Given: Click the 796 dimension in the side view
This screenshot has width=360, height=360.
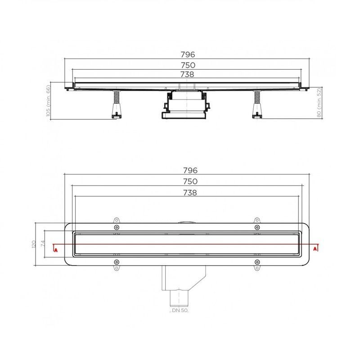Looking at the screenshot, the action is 188,54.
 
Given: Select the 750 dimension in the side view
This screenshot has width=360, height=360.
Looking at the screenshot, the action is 188,65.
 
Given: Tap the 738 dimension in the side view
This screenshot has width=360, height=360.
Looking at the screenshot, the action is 187,74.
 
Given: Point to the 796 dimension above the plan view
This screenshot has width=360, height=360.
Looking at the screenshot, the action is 190,171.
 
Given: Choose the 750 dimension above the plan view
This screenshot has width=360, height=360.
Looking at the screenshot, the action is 190,181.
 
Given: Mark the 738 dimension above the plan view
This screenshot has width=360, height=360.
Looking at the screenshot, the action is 190,193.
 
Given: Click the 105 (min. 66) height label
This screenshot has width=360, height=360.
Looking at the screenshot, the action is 48,101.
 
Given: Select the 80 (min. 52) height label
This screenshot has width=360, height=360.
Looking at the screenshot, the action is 319,103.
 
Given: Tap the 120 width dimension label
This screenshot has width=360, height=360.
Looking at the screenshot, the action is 34,244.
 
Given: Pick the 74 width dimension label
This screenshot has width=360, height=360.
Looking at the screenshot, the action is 43,244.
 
